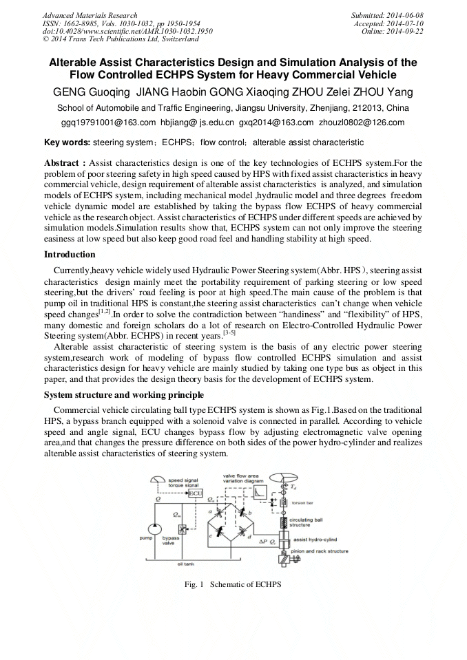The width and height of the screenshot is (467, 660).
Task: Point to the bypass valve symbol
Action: click(x=183, y=529)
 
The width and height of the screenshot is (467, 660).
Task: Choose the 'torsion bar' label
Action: click(x=304, y=503)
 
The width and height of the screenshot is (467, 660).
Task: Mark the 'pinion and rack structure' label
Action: click(x=318, y=551)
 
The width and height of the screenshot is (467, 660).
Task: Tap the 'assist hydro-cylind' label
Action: click(x=318, y=541)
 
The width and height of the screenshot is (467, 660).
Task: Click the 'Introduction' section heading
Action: click(x=70, y=255)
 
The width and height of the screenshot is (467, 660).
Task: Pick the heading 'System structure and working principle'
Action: click(x=123, y=394)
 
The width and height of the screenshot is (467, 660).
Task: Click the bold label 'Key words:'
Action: click(x=67, y=142)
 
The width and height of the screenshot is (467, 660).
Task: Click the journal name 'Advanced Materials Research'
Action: click(x=90, y=15)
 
